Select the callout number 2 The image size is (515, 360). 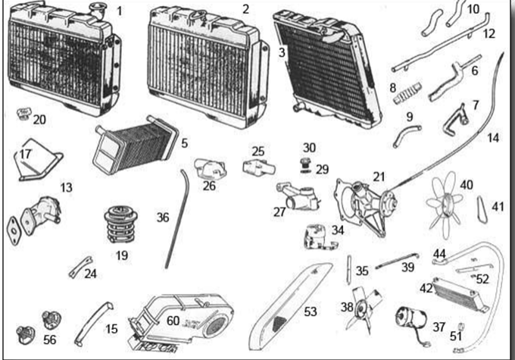(245, 8)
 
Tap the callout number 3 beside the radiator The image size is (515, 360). (281, 53)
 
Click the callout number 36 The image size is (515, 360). (163, 218)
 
